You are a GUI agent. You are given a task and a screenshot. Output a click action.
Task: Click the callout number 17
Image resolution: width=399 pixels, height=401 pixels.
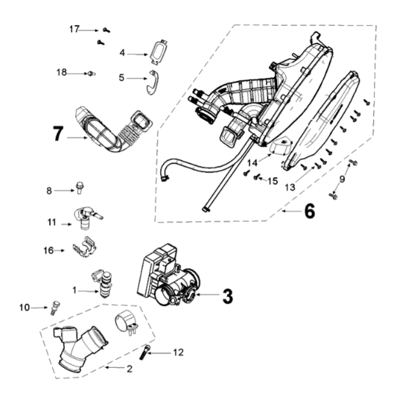[73, 29]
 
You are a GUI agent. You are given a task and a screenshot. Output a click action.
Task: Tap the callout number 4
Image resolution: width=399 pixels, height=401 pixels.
[123, 52]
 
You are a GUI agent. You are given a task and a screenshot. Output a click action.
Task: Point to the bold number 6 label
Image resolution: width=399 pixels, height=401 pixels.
[309, 211]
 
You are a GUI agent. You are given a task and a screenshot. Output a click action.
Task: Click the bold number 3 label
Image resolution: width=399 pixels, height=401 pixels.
[229, 296]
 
